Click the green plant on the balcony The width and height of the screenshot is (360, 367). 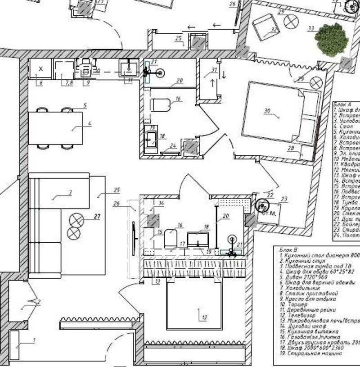pyautogui.click(x=332, y=38)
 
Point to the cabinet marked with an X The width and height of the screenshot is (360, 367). pyautogui.click(x=40, y=69)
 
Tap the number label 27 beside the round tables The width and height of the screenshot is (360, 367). pyautogui.click(x=97, y=216)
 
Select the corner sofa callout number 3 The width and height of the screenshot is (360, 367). pyautogui.click(x=70, y=193)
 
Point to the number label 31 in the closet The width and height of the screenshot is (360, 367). pyautogui.click(x=214, y=69)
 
